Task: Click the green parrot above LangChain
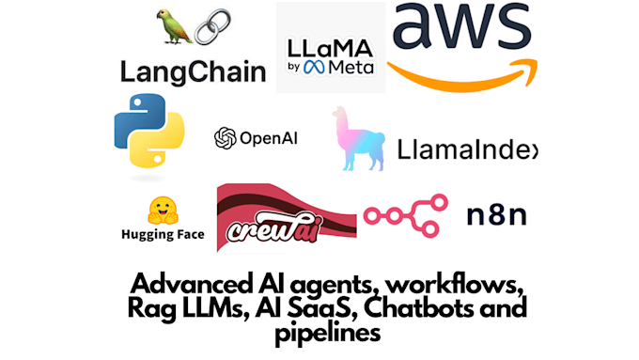tap(173, 27)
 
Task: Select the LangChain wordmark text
tap(193, 70)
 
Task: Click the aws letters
tap(460, 30)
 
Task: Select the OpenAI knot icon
tap(225, 138)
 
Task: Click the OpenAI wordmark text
tap(269, 138)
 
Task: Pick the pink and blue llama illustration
tap(360, 141)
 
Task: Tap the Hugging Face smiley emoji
tap(162, 210)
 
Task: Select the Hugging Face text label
tap(163, 235)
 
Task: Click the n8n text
tap(497, 215)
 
